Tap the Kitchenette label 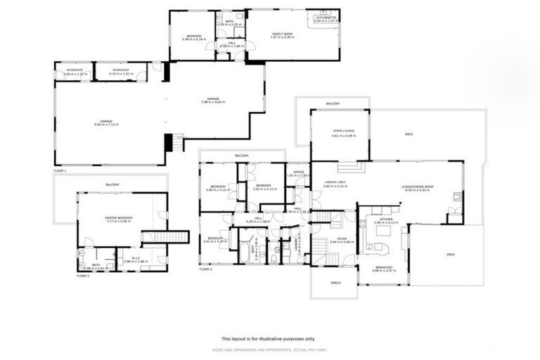(x=325, y=18)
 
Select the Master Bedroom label (x=119, y=218)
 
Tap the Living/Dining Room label (x=417, y=186)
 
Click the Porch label (x=333, y=284)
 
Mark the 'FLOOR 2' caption (x=205, y=269)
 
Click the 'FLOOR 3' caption (x=83, y=276)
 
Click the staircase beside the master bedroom (x=165, y=237)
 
